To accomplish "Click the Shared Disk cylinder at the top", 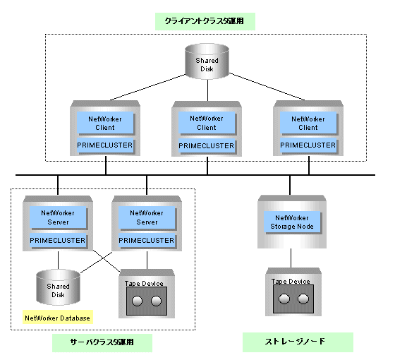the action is (207, 61).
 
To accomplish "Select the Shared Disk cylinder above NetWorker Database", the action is (58, 287).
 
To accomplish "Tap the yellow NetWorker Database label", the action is (58, 317).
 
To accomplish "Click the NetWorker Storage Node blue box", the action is (292, 222).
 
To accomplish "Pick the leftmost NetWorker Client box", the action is (105, 123).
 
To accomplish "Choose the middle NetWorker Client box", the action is (207, 123).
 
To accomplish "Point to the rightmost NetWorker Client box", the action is (308, 123).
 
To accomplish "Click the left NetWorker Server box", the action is (58, 217).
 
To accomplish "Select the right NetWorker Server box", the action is (147, 217).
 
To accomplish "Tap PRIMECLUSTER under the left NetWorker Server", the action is (58, 240).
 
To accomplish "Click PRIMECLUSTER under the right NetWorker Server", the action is (147, 240).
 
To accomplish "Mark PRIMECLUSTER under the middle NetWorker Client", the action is (207, 145).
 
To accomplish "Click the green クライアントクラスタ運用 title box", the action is (205, 21).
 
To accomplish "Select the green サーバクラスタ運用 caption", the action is (102, 342).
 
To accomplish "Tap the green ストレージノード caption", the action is (298, 342).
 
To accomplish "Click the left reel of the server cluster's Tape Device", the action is (137, 301).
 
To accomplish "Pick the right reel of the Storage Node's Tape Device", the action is (303, 299).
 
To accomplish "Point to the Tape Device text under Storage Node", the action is (291, 282).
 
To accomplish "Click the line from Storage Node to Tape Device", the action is (291, 258).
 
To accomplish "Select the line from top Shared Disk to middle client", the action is (207, 90).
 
